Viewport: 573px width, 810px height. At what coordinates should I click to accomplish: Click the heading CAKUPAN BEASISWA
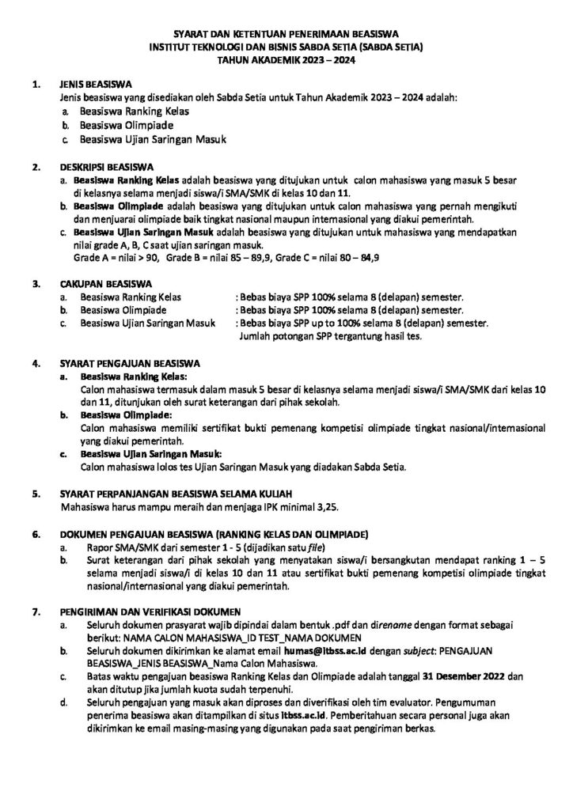pyautogui.click(x=102, y=282)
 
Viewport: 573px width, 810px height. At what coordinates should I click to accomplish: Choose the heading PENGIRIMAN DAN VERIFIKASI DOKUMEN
pyautogui.click(x=152, y=611)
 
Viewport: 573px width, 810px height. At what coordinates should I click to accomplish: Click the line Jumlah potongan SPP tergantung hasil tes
pyautogui.click(x=330, y=336)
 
